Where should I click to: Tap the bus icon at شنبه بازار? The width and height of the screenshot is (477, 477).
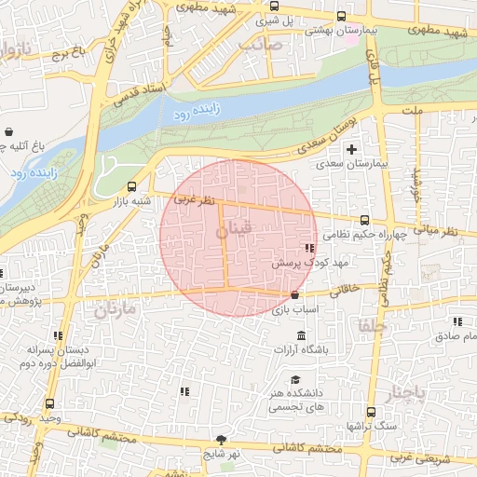pos(131,186)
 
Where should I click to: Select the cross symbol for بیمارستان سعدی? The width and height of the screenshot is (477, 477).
pos(351,149)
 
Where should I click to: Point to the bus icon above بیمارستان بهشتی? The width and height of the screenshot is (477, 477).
pos(341,16)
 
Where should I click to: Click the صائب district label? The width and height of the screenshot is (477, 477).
pos(260,43)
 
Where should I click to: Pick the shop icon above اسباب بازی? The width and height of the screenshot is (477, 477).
pos(295,294)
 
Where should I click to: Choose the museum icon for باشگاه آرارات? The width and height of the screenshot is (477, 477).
pos(301,335)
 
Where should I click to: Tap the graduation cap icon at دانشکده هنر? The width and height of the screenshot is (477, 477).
pos(295,380)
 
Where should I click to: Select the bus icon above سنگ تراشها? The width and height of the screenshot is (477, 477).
pos(372,412)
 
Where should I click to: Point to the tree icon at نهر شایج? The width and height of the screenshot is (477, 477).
pos(221,440)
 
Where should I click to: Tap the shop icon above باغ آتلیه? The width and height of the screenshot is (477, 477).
pos(9,132)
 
